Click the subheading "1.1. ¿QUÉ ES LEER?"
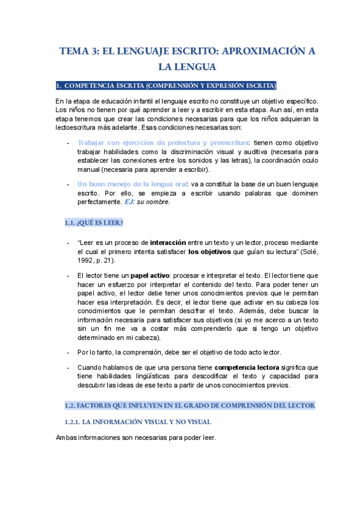tap(94, 223)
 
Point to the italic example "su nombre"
tap(155, 202)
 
